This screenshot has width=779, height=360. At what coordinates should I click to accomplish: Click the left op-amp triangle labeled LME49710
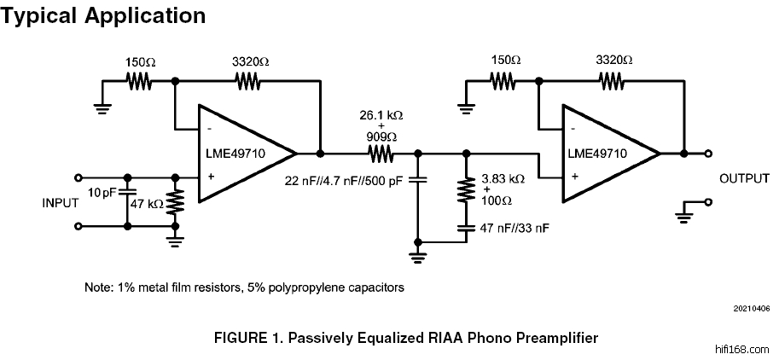[x=243, y=154]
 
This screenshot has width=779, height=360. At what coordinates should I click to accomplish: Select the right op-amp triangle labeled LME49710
[x=607, y=154]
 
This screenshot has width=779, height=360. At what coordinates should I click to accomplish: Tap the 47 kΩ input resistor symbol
[x=176, y=202]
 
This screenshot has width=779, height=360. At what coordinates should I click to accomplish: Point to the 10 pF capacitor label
[x=102, y=191]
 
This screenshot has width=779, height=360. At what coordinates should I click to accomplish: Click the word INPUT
[x=61, y=203]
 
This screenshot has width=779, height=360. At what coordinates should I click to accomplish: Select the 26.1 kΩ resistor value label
[x=381, y=113]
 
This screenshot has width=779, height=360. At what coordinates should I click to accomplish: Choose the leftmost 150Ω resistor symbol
[x=139, y=81]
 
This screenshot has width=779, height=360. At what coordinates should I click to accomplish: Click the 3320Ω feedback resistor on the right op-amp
[x=611, y=81]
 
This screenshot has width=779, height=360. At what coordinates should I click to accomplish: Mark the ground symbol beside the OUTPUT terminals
[x=683, y=213]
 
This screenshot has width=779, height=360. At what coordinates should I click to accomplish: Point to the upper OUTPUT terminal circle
[x=709, y=154]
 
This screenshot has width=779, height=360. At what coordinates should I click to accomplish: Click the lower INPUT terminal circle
[x=79, y=226]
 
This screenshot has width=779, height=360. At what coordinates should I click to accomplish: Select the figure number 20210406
[x=751, y=308]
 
